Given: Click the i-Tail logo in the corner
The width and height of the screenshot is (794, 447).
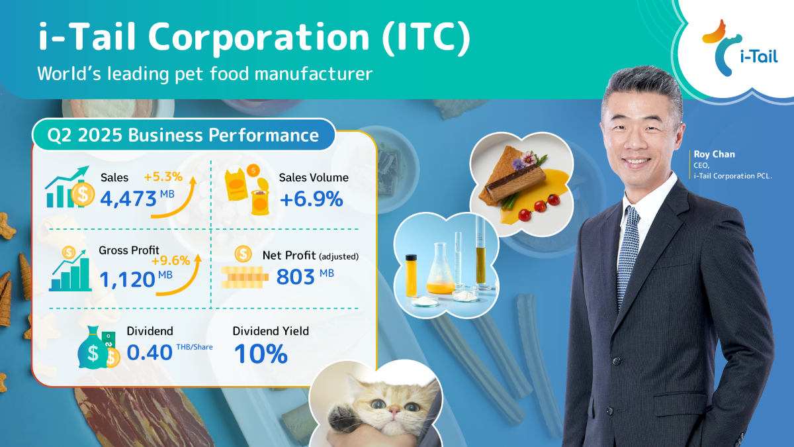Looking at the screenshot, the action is coord(740,48).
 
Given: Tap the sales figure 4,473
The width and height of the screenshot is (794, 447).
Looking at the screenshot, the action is coord(128,199).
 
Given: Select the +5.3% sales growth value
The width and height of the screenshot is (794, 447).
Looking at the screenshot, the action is coord(163,176).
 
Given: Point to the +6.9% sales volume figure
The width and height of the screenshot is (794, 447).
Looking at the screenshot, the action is coord(311,199).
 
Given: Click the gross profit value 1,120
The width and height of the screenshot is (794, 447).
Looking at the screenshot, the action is coord(127,279).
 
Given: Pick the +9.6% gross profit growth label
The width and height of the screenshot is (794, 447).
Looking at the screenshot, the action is coord(171,261).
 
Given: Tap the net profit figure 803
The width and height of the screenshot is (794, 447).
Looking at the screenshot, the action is coord(295,277).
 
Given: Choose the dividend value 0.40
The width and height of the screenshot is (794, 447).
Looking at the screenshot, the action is coord(150,352).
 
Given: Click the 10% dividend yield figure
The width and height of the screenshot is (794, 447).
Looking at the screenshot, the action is coord(261,354).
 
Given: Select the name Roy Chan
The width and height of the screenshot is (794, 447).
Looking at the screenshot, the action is coord(714,154).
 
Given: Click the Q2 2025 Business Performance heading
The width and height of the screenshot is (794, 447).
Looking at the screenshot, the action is coord(183,135).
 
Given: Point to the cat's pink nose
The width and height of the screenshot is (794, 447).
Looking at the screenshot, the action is coord(394,411).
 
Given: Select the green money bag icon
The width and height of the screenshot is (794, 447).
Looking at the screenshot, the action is coord(92,349).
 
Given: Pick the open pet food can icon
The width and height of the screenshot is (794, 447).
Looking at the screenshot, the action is coord(260,197).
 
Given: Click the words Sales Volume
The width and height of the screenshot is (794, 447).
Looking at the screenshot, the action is coord(314,177).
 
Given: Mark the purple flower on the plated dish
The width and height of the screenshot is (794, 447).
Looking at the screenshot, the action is coord(518,164).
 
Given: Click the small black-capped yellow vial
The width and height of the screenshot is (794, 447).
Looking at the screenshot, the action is coord(411,275).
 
